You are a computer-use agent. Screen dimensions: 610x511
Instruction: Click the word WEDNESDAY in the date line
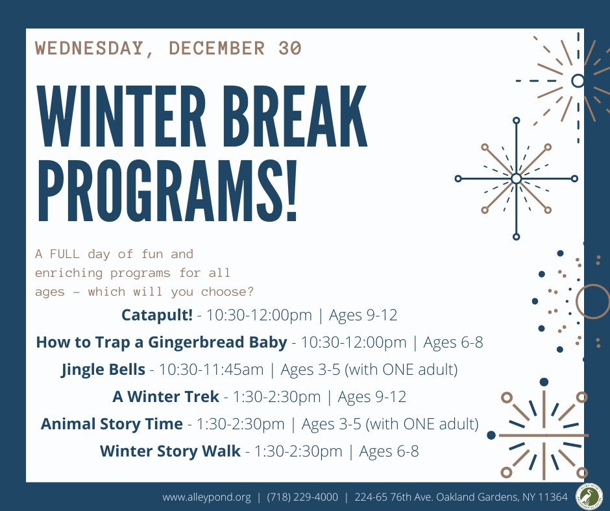point(89,48)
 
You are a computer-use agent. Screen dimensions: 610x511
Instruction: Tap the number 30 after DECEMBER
point(290,48)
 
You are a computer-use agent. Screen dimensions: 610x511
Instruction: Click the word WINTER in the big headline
point(121,117)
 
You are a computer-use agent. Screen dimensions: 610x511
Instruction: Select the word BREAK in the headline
point(295,117)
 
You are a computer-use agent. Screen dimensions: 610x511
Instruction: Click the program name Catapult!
point(157,315)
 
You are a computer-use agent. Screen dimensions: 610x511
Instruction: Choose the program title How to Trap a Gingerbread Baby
point(162,342)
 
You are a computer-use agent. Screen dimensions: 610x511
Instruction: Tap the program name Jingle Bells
point(103,370)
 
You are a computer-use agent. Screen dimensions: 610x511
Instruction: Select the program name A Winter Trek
point(165,397)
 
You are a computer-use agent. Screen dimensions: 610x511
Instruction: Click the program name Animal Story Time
point(112,424)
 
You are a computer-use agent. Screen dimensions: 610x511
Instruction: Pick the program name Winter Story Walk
point(170,451)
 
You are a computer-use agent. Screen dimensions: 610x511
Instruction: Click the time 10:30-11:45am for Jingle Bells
point(212,370)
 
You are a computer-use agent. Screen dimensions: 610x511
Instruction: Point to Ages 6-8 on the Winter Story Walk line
point(389,451)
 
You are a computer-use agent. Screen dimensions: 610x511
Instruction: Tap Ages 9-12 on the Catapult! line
point(363,315)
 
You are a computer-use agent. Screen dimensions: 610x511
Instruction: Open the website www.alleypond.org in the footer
point(206,497)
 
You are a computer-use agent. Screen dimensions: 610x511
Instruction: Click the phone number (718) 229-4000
point(302,497)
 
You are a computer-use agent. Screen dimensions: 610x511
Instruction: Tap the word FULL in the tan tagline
point(65,254)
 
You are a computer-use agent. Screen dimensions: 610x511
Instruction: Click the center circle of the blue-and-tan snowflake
point(517,178)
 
